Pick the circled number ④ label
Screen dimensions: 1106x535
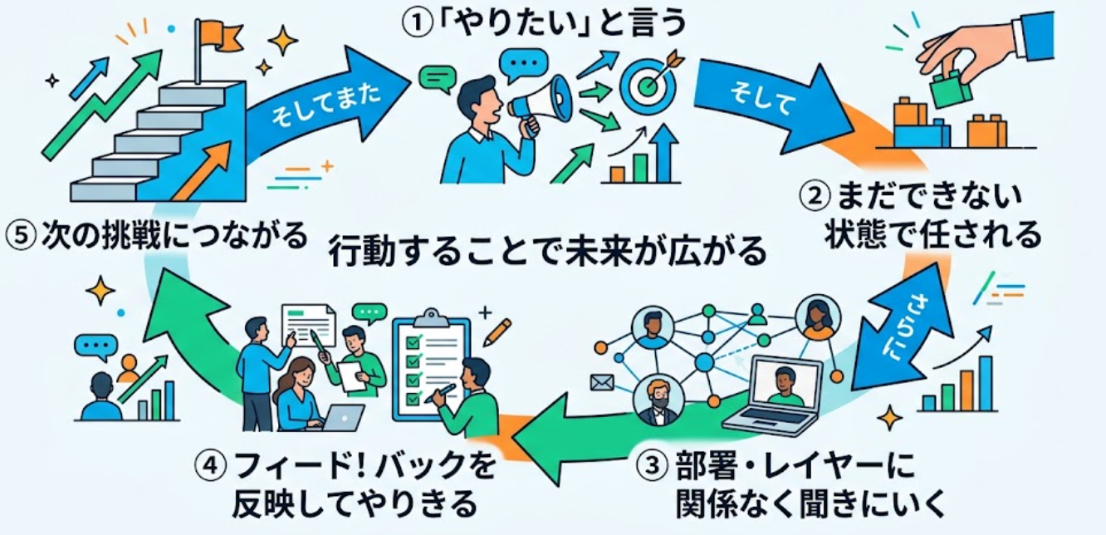pyautogui.click(x=211, y=465)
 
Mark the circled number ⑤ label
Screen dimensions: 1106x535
pyautogui.click(x=22, y=236)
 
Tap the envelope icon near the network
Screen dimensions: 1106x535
pyautogui.click(x=602, y=382)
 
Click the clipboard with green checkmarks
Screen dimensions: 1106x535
pyautogui.click(x=431, y=366)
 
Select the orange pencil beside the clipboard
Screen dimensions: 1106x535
pyautogui.click(x=497, y=331)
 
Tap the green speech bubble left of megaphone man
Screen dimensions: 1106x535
pyautogui.click(x=437, y=79)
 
